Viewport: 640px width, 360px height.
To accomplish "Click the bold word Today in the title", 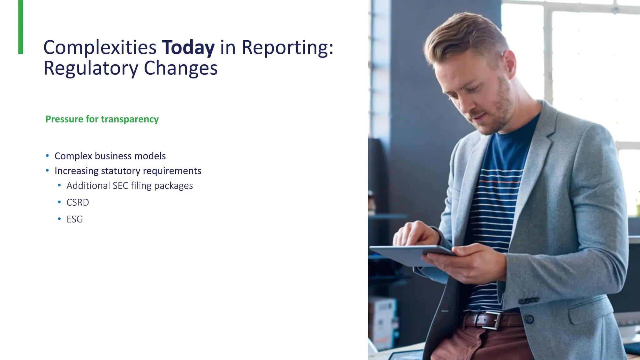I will pyautogui.click(x=188, y=47).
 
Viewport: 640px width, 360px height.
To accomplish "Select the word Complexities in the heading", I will pyautogui.click(x=100, y=47).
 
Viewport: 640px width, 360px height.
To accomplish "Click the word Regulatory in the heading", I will pyautogui.click(x=91, y=68).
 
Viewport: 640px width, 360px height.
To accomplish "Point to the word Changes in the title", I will pyautogui.click(x=181, y=68).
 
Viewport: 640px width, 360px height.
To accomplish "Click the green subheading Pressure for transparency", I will pyautogui.click(x=102, y=119).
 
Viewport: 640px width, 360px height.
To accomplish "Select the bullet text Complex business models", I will pyautogui.click(x=110, y=156).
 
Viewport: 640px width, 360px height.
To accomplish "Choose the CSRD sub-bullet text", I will pyautogui.click(x=77, y=202).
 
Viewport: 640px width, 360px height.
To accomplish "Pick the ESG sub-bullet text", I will pyautogui.click(x=74, y=219).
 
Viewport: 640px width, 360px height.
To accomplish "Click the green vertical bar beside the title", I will pyautogui.click(x=21, y=27).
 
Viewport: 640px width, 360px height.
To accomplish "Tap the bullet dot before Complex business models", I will pyautogui.click(x=47, y=156).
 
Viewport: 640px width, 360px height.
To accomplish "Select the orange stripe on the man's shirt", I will pyautogui.click(x=500, y=181).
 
